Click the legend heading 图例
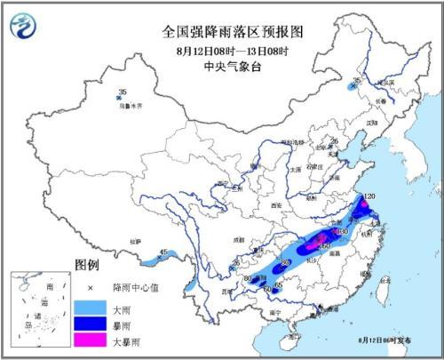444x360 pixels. click(x=87, y=266)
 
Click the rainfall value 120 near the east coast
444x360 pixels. click(x=369, y=193)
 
